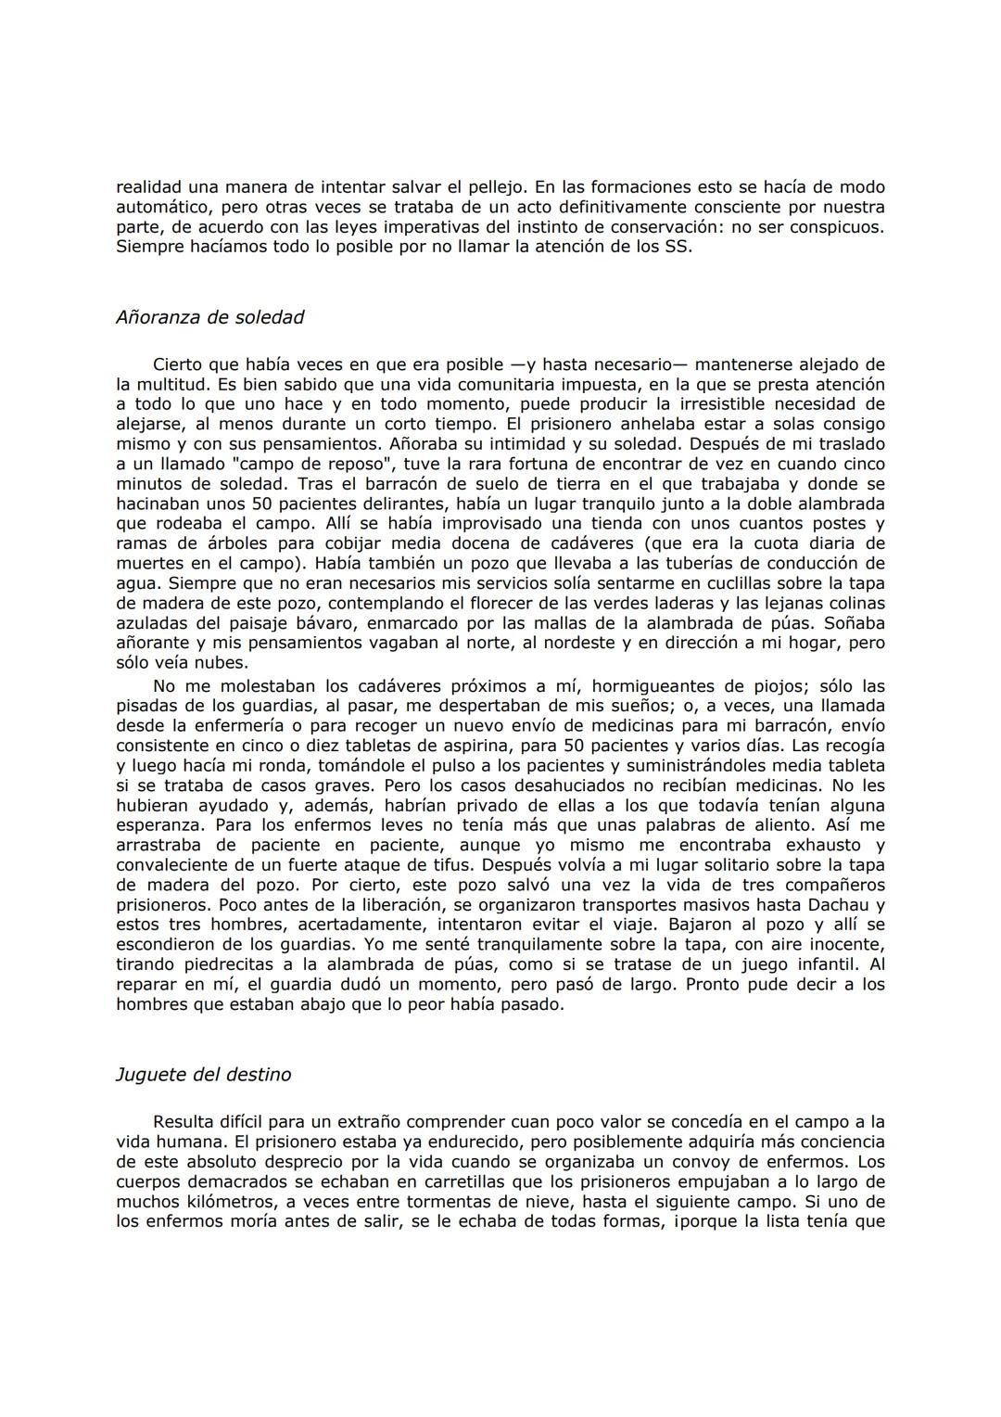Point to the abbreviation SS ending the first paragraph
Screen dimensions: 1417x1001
tap(677, 248)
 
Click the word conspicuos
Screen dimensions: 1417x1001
tap(835, 227)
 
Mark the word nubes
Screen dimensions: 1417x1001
tap(223, 663)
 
